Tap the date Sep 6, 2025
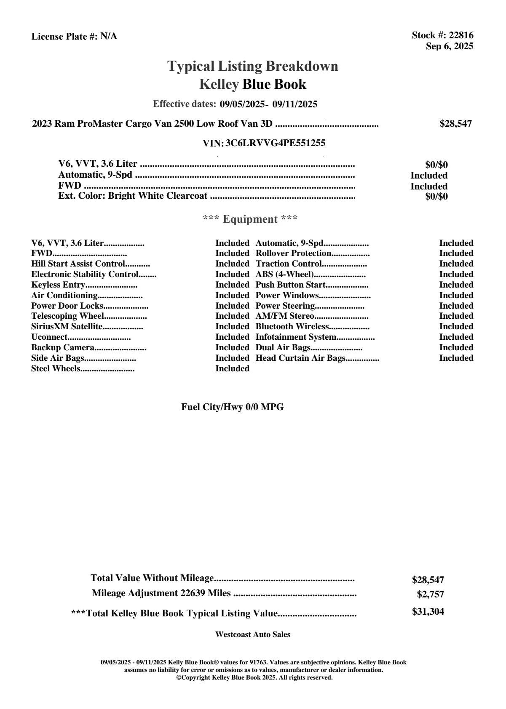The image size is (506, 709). pos(449,46)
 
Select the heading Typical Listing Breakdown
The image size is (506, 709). pos(253,66)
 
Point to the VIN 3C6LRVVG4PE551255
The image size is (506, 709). pos(275,143)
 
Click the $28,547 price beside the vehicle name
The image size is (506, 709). pos(455,124)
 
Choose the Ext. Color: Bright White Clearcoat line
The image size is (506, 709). pos(133,196)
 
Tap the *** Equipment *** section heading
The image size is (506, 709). pos(250,219)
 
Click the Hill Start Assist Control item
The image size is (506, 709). pos(78,264)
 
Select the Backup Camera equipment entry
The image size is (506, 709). pos(63,348)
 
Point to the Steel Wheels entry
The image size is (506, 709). pos(56,369)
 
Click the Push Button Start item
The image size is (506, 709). pos(291,285)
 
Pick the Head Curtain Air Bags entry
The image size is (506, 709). pos(300,358)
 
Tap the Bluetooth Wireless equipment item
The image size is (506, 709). pos(292,327)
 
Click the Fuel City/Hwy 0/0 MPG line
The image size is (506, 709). pos(233,407)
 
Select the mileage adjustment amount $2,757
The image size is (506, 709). pos(430,594)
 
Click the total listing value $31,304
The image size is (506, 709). pos(428,612)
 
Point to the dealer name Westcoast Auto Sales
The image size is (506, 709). pos(253,634)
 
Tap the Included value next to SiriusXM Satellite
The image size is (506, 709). pos(232,327)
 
